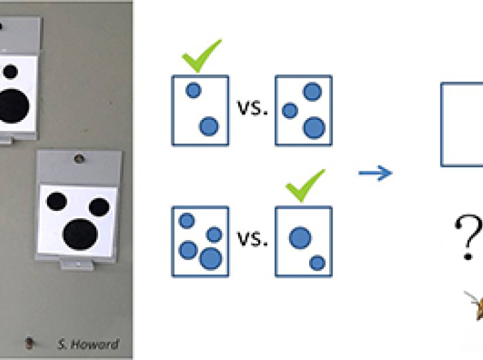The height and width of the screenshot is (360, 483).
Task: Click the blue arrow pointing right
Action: click(x=375, y=174)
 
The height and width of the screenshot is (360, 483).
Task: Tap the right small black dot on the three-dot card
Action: click(x=99, y=207)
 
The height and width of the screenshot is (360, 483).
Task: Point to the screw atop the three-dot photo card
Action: click(x=80, y=159)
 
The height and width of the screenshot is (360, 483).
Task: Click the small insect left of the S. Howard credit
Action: click(x=29, y=342)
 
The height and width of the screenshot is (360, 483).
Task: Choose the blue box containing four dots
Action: click(x=200, y=241)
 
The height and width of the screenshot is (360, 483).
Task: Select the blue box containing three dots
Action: click(x=303, y=110)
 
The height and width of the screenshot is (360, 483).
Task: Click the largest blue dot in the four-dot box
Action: click(x=210, y=258)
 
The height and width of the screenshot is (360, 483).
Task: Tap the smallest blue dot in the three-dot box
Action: click(x=289, y=111)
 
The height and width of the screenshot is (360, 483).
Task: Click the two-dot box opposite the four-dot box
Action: click(x=303, y=241)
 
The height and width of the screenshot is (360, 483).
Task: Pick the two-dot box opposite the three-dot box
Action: click(x=200, y=110)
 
